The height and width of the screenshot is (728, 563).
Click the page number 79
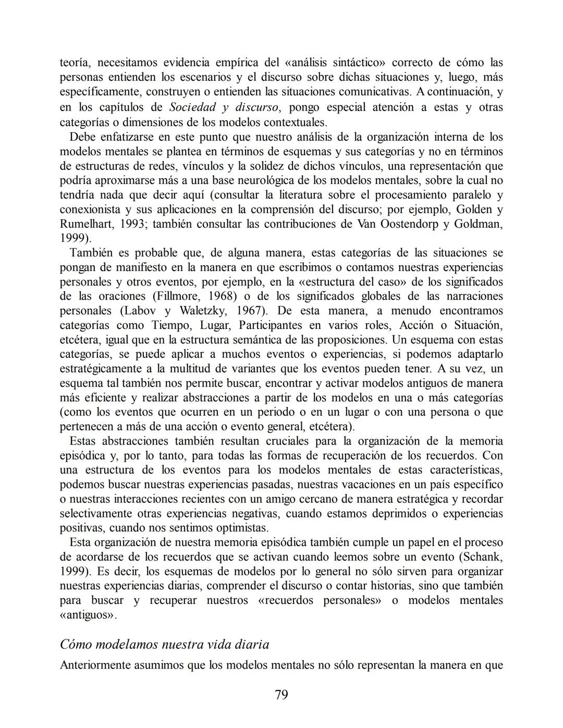(x=281, y=695)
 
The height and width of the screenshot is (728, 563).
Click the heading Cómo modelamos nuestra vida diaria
(x=165, y=645)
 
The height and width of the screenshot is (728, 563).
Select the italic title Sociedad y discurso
(x=224, y=107)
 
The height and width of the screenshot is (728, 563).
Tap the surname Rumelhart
(x=85, y=224)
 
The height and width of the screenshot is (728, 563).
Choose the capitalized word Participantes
(x=280, y=325)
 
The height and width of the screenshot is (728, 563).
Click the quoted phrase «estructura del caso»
(x=342, y=281)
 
